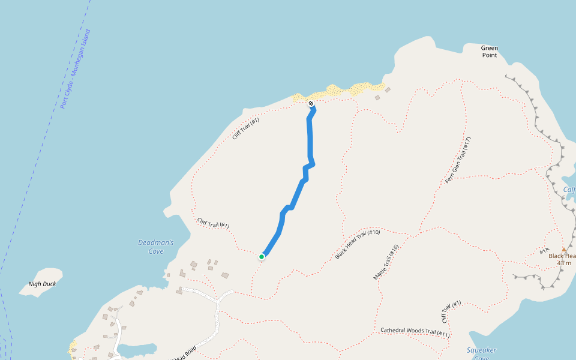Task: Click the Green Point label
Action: (x=490, y=52)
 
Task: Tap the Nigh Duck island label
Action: (x=42, y=284)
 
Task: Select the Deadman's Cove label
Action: (x=156, y=247)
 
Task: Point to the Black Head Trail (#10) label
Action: (x=358, y=244)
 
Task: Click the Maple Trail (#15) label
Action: (x=386, y=262)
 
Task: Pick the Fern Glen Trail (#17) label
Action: (x=458, y=160)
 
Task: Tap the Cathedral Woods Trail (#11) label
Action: (x=415, y=332)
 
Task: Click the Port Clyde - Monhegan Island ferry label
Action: (x=75, y=69)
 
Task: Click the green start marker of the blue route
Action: (x=262, y=257)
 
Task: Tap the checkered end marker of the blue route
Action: (x=311, y=104)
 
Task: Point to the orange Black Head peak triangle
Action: (x=563, y=250)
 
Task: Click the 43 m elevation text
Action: (x=564, y=263)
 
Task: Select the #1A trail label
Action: (x=545, y=251)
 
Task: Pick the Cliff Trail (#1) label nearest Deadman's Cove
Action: (x=213, y=223)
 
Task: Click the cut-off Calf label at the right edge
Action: (x=569, y=190)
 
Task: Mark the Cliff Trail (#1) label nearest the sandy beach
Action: (x=245, y=129)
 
